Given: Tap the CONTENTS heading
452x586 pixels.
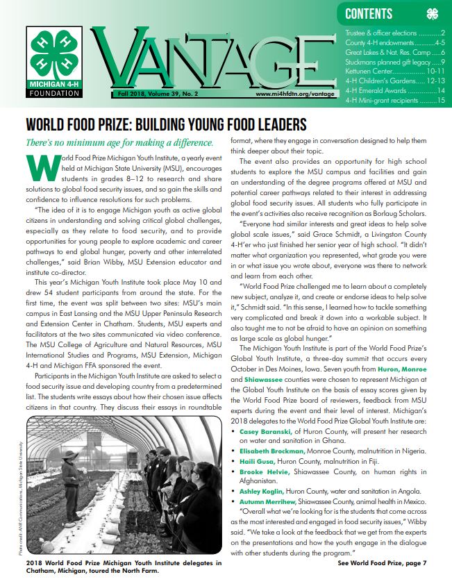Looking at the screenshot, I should click(368, 14).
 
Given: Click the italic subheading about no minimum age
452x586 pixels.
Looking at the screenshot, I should click(119, 143).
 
